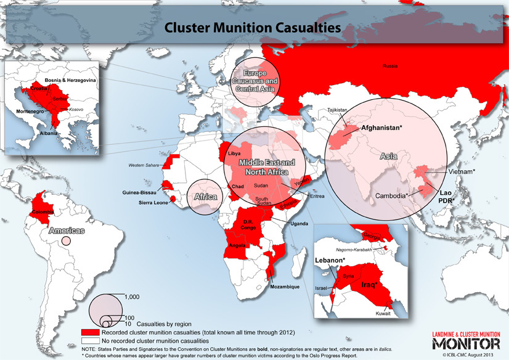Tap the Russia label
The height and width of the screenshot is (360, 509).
[x=390, y=65]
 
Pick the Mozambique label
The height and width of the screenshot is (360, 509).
[x=285, y=287]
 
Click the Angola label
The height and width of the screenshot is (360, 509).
[x=238, y=245]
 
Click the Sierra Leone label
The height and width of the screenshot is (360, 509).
[x=150, y=203]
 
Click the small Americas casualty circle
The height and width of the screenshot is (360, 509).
[x=66, y=240]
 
